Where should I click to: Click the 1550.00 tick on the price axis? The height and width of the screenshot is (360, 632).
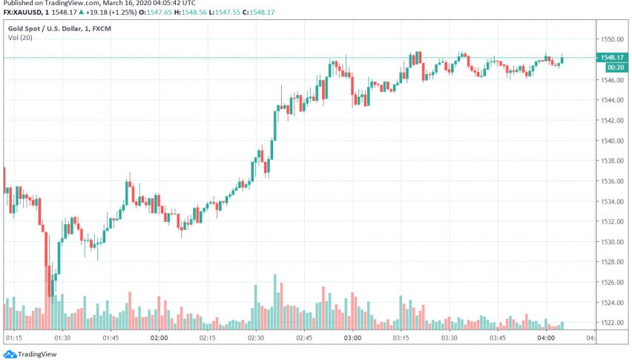pos(613,39)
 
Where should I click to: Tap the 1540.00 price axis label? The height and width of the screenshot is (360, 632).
pos(613,140)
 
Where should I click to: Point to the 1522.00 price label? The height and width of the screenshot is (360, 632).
pos(613,323)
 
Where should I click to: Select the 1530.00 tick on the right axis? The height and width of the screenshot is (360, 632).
pos(613,242)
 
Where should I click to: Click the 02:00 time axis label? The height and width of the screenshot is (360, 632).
pos(158,338)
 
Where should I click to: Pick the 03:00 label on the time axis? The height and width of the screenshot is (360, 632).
pos(352,338)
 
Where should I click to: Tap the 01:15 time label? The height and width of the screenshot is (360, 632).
pos(14,338)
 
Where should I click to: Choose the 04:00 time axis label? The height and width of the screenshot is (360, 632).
pos(546,338)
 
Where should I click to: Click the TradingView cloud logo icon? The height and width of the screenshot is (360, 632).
pos(7,354)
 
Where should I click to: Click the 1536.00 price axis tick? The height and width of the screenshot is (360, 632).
pos(613,181)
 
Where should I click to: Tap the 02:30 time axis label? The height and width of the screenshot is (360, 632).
pos(256,338)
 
